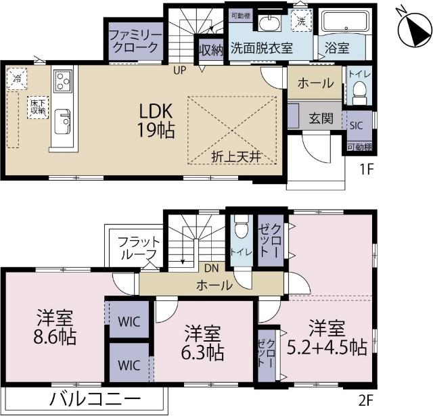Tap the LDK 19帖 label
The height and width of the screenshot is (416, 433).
[158, 120]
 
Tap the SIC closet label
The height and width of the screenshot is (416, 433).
[356, 125]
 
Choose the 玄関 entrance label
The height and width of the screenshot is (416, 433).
[321, 118]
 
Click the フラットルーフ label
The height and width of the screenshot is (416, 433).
[139, 248]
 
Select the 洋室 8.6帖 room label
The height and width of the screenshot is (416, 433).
[55, 327]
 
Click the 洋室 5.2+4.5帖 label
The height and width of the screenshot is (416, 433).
[327, 339]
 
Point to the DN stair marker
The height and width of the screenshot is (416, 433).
[210, 268]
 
